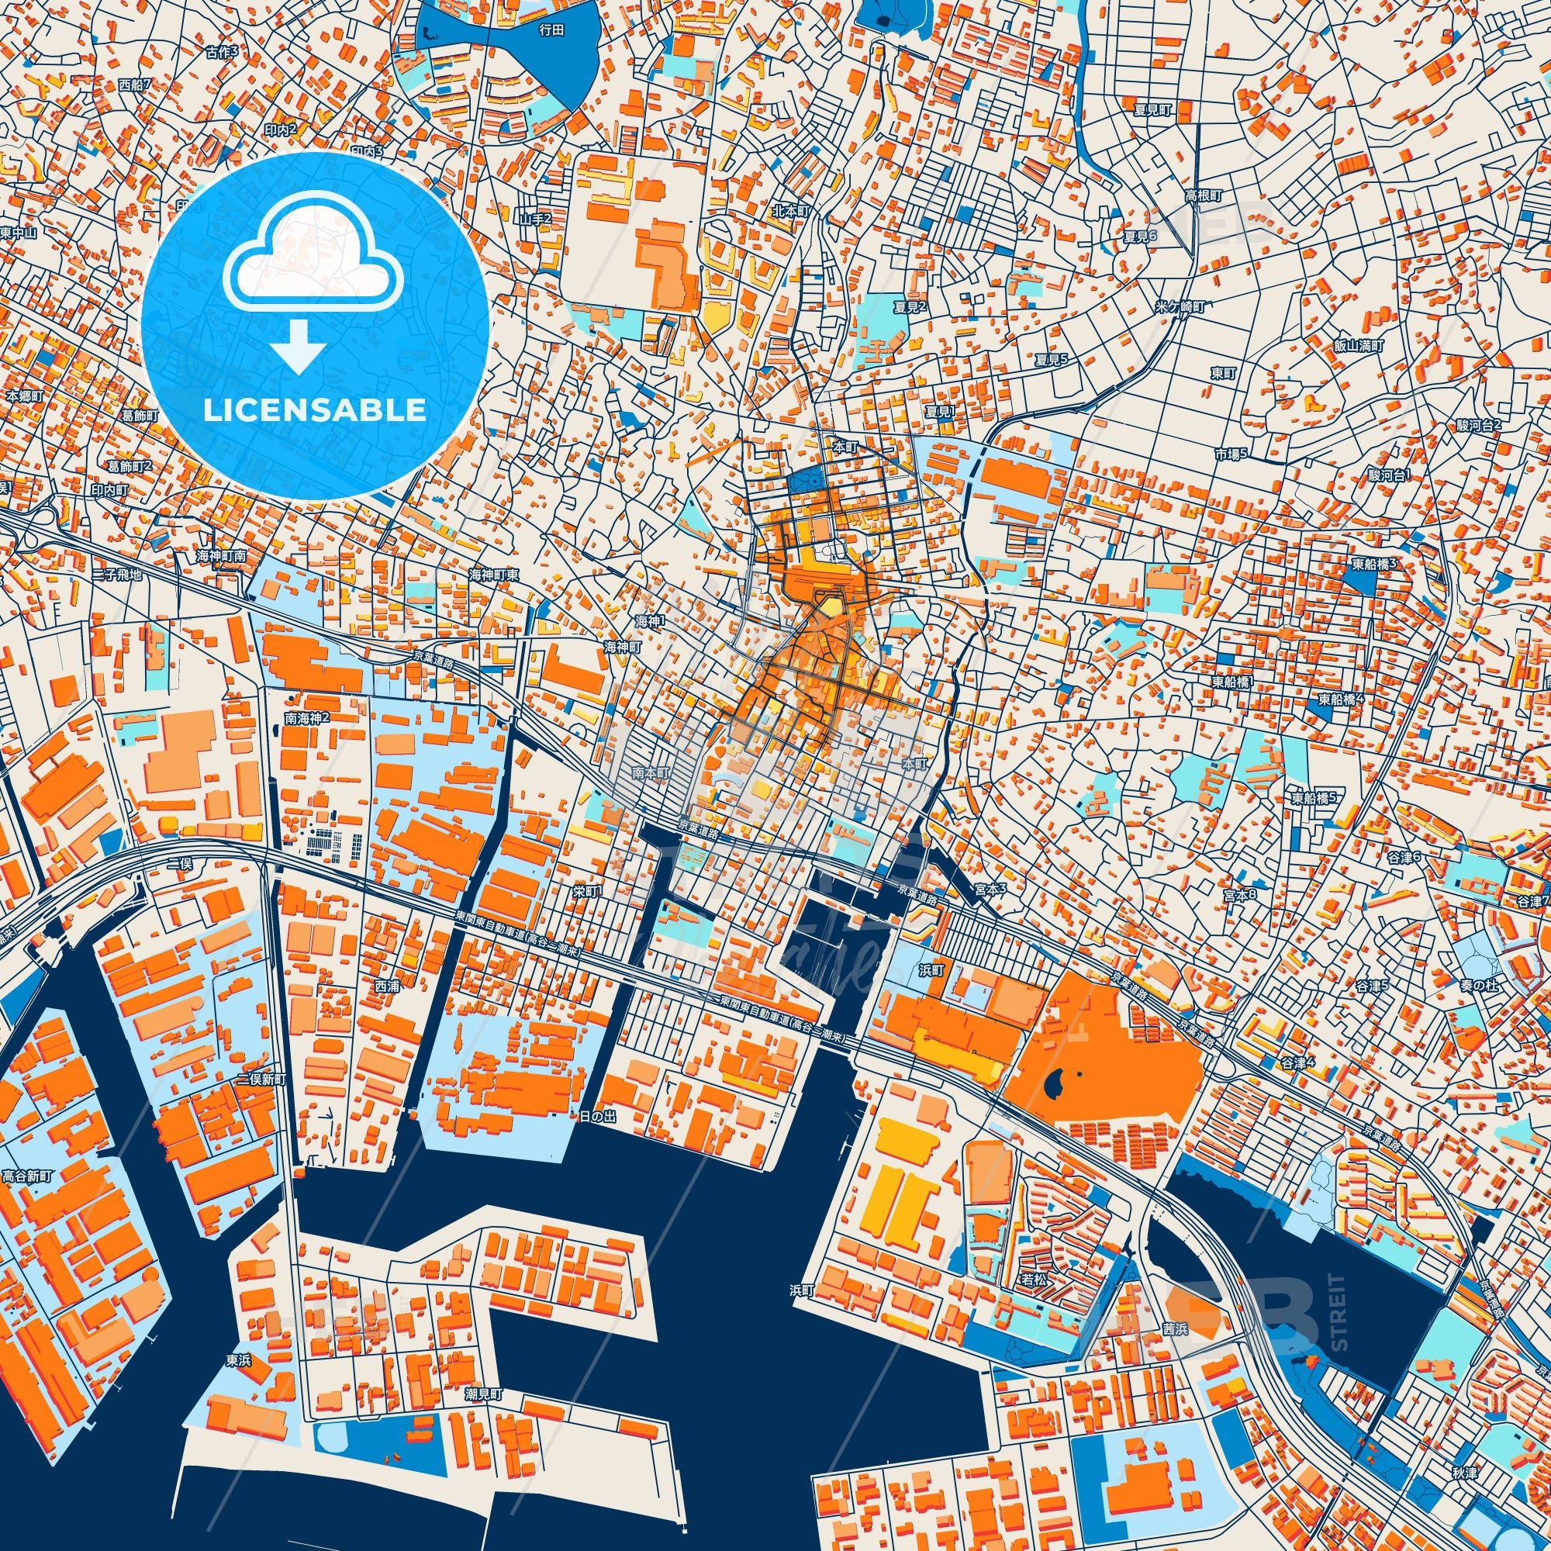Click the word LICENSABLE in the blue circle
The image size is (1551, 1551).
point(315,410)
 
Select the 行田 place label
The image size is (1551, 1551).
point(552,29)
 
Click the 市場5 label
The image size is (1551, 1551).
point(1230,454)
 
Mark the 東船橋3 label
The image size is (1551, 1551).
point(1374,565)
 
